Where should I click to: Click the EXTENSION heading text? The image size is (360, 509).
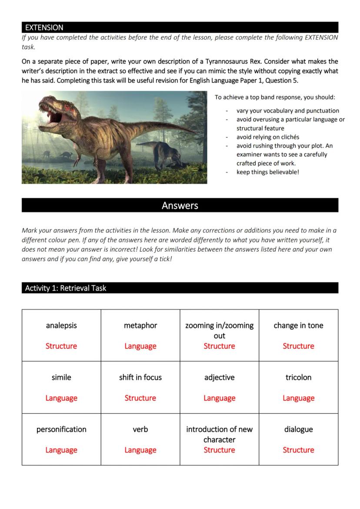click(x=44, y=27)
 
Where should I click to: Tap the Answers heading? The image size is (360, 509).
click(x=180, y=206)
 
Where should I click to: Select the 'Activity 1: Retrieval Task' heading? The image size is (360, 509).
click(x=66, y=288)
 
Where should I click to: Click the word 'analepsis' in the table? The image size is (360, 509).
click(x=61, y=326)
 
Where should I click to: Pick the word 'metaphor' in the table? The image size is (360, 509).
click(x=140, y=326)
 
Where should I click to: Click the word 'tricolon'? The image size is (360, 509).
click(x=298, y=377)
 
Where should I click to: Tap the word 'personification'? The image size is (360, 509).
click(x=61, y=429)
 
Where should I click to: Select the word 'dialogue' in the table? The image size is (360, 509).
click(x=298, y=429)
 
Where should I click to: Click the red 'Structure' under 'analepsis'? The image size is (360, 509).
click(x=61, y=346)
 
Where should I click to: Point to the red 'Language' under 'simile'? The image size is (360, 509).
click(x=61, y=398)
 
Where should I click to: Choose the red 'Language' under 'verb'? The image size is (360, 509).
click(x=140, y=450)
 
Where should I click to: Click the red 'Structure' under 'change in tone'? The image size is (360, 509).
click(x=298, y=346)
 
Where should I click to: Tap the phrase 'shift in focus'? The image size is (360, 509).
click(x=140, y=377)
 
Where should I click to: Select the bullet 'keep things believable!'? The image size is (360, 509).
click(x=267, y=172)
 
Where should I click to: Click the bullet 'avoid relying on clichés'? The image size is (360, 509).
click(x=267, y=137)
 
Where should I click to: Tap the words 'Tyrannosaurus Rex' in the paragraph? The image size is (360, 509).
click(x=230, y=61)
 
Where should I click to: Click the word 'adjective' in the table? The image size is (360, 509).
click(x=219, y=377)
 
